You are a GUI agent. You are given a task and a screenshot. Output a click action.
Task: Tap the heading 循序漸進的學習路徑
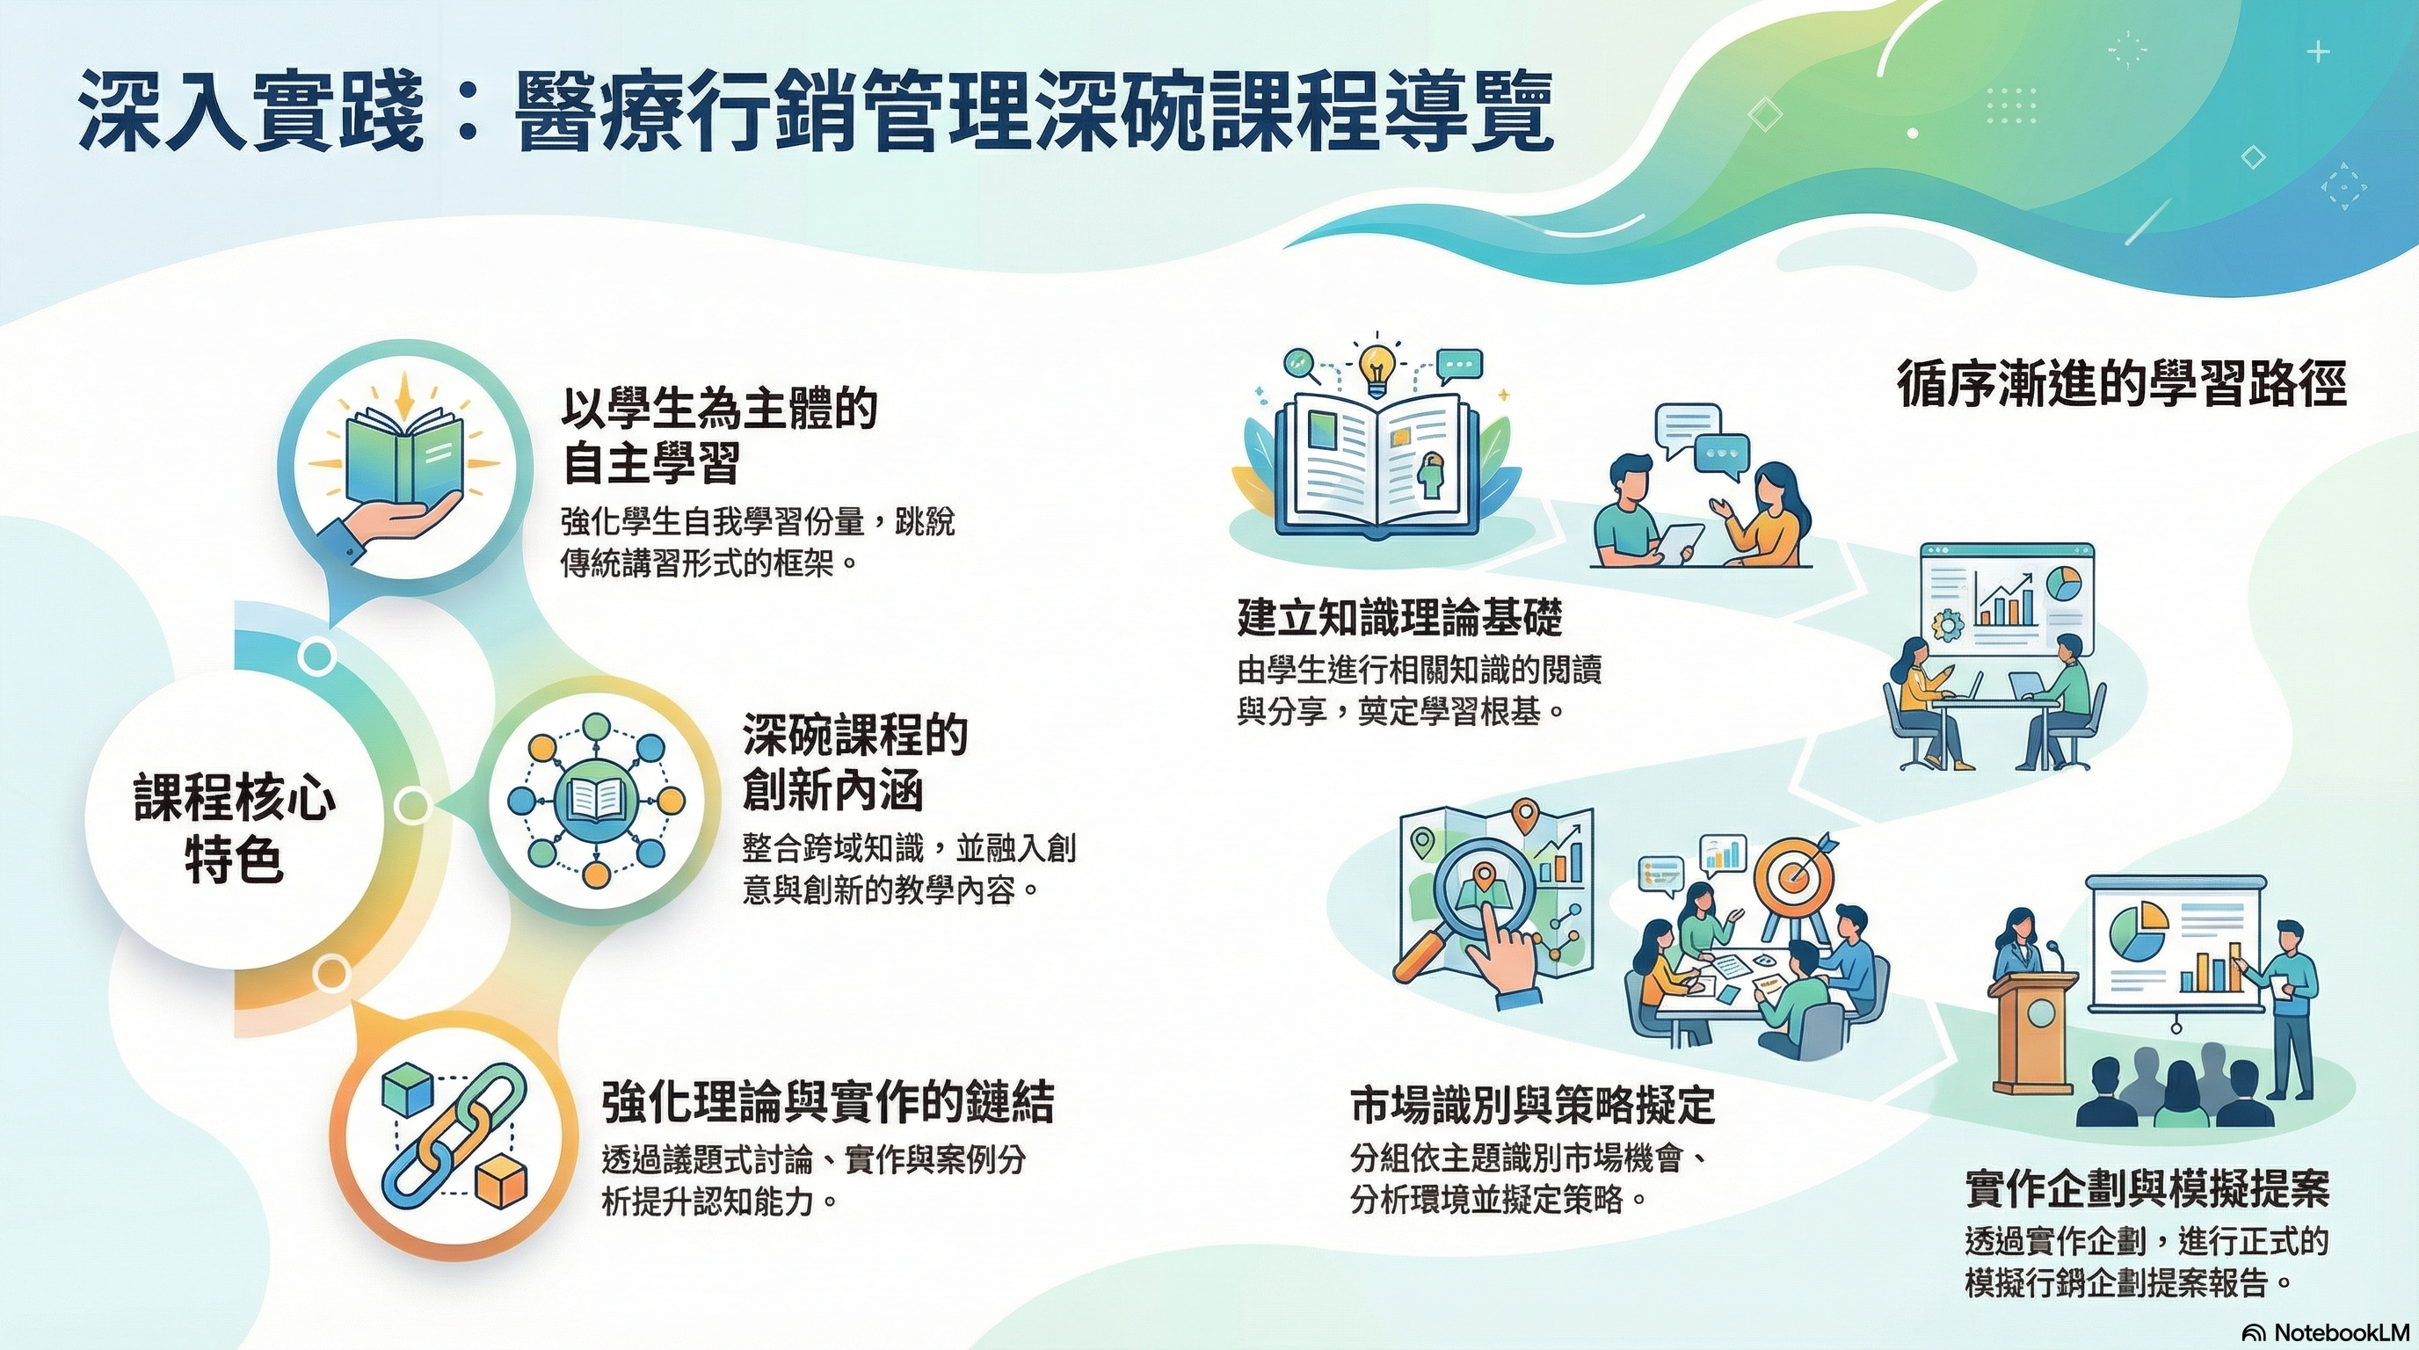coord(2121,385)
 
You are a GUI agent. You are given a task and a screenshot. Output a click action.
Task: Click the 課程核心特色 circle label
coord(235,826)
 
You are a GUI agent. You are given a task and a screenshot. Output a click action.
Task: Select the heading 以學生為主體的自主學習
coord(719,436)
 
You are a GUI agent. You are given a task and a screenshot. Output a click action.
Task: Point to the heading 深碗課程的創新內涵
coord(854,761)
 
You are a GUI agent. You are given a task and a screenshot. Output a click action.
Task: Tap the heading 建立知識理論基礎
coord(1399,619)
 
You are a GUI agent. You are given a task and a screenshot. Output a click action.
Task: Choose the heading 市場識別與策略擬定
coord(1533,1106)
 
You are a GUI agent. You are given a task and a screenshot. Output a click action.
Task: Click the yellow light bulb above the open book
coord(1377,368)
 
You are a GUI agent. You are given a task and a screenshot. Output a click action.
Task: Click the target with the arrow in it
coord(1795,874)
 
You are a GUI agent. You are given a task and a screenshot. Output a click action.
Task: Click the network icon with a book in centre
coord(596,801)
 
